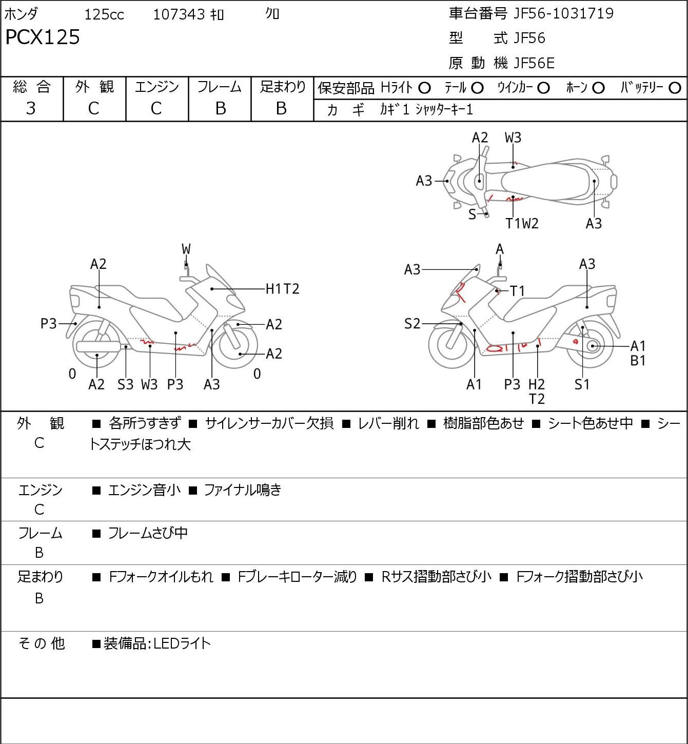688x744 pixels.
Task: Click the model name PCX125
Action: coord(43,37)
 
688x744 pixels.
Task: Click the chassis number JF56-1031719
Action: coord(563,14)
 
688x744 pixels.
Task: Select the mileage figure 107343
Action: coord(179,14)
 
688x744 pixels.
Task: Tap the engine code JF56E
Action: coord(534,63)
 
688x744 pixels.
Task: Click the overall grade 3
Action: coord(31,108)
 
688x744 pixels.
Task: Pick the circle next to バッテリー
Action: coord(675,88)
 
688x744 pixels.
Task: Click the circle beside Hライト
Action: coord(424,88)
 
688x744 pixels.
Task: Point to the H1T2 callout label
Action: coord(282,289)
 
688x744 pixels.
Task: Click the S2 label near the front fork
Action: coord(412,323)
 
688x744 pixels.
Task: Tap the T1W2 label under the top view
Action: coord(522,223)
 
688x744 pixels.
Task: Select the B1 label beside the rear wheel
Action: coord(638,360)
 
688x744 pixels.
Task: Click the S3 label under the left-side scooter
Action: coord(125,384)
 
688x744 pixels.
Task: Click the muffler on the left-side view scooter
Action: coord(98,346)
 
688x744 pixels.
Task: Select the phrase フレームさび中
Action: coord(148,533)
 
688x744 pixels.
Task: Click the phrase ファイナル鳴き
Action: coord(243,490)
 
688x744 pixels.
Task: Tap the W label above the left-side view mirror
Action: coord(186,249)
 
